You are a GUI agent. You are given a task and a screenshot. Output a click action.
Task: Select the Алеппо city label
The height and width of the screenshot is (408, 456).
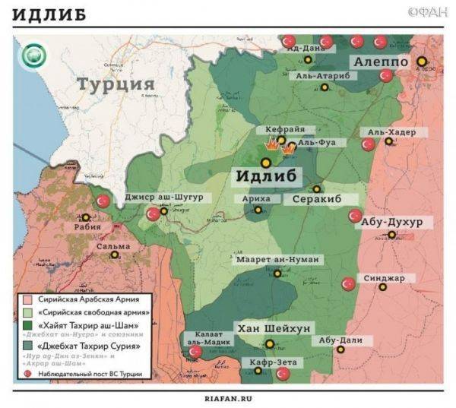tap(380, 62)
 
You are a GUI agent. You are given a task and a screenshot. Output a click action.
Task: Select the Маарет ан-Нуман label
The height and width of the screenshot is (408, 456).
tap(277, 260)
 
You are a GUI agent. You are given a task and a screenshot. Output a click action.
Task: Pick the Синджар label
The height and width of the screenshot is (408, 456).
tap(384, 278)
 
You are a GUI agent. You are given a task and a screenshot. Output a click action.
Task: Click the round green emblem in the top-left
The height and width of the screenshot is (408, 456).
tap(32, 56)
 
